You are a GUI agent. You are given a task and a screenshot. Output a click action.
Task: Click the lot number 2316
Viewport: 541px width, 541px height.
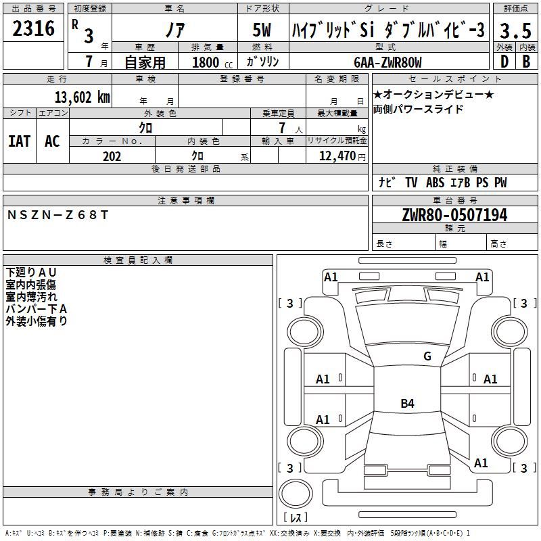coord(33,28)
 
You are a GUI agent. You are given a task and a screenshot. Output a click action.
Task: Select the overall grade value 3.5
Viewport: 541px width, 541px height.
coord(515,30)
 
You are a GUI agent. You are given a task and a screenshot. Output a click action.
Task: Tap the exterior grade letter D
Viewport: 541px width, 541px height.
coord(504,62)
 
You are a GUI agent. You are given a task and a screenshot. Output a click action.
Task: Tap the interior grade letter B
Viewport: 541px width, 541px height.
coord(526,62)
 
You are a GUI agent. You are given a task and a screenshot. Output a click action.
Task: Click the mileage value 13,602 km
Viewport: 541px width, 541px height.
coord(83,97)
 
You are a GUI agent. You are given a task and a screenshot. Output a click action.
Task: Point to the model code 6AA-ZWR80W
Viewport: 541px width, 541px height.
coord(387,62)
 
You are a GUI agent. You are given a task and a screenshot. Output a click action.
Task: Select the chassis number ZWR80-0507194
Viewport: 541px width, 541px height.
coord(454,215)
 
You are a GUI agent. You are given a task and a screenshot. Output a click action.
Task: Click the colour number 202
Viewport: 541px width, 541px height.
coord(112,156)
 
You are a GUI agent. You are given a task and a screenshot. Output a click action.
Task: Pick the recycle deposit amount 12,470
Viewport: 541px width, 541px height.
coord(337,156)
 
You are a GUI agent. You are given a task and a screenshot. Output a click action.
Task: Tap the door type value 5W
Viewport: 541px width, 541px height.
coord(262,30)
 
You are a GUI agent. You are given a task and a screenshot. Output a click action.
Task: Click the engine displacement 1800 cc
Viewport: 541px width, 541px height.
coord(212,62)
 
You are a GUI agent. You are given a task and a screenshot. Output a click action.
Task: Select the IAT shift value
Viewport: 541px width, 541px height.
coord(20,141)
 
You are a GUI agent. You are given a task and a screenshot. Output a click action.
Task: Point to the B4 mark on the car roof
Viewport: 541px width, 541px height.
coord(408,403)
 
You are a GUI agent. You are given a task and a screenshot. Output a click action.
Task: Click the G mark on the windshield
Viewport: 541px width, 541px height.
coord(427,356)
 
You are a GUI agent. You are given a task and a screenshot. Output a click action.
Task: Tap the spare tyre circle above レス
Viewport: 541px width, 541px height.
coord(296,494)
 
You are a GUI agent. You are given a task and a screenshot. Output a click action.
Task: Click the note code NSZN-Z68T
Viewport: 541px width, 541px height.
coord(57,215)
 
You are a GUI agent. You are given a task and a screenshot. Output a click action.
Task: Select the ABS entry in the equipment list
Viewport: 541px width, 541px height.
coord(435,183)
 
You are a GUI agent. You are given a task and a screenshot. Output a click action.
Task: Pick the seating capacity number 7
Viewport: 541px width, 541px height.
coord(282,128)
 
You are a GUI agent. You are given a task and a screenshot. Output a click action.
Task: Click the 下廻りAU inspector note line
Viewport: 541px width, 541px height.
coord(31,273)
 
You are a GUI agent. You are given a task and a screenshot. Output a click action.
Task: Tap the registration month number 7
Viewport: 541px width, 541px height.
coord(89,62)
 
